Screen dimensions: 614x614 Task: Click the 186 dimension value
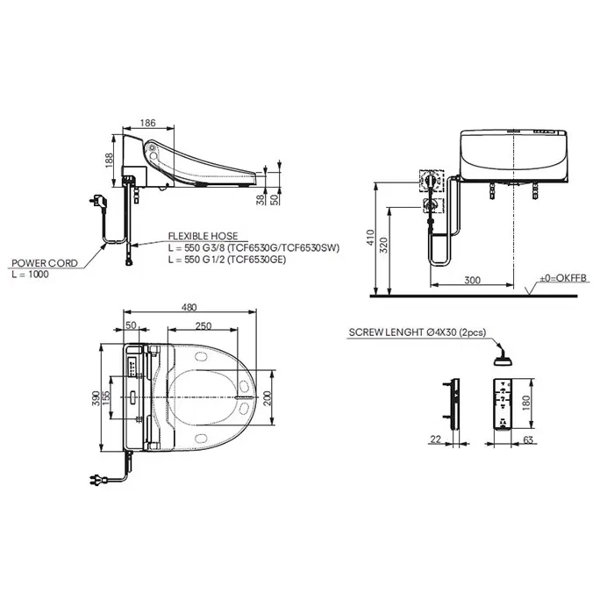147,123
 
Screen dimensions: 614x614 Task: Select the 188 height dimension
109,161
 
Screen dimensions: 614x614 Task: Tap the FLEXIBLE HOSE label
203,236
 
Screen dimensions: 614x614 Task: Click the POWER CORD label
45,263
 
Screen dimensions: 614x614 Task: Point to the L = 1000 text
30,274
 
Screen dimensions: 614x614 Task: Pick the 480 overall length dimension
189,307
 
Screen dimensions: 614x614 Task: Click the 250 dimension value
203,325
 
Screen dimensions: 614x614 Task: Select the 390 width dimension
96,398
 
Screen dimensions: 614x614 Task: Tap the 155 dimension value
106,398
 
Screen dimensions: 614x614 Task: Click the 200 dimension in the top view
267,398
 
